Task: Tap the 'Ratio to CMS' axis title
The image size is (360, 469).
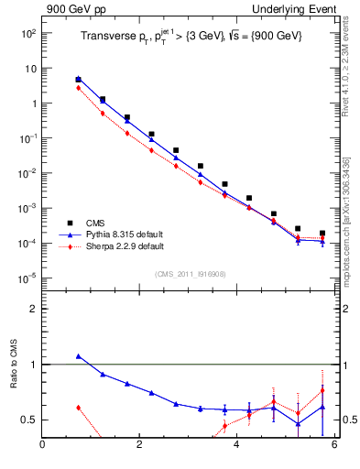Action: coord(14,384)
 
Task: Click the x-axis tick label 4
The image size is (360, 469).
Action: coord(236,446)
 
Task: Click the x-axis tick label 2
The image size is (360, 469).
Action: coord(139,446)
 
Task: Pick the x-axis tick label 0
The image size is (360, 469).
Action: coord(42,446)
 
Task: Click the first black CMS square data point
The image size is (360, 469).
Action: coord(78,80)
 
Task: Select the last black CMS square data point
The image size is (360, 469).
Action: coord(322,234)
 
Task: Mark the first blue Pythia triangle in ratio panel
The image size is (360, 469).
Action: coord(78,356)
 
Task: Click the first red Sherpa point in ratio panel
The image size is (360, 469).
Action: coord(78,407)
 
